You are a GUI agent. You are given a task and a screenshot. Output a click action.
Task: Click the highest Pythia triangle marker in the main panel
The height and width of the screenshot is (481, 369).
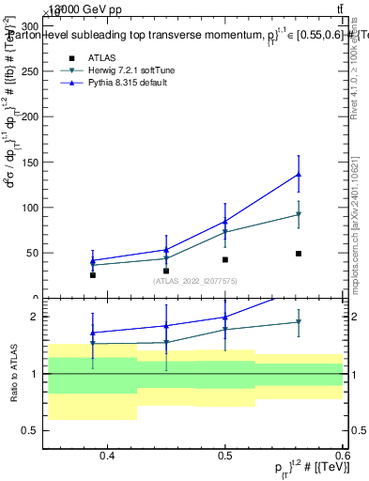click(x=298, y=174)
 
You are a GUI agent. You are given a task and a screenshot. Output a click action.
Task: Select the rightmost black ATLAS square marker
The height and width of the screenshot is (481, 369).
click(x=298, y=254)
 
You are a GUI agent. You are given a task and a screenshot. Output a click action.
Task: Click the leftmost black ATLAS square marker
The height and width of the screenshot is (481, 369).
click(x=93, y=275)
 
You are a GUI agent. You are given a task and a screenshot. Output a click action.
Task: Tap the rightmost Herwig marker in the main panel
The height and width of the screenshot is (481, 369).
click(x=298, y=214)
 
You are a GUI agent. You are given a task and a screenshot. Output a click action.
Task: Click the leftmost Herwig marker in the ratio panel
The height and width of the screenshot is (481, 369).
click(x=93, y=344)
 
